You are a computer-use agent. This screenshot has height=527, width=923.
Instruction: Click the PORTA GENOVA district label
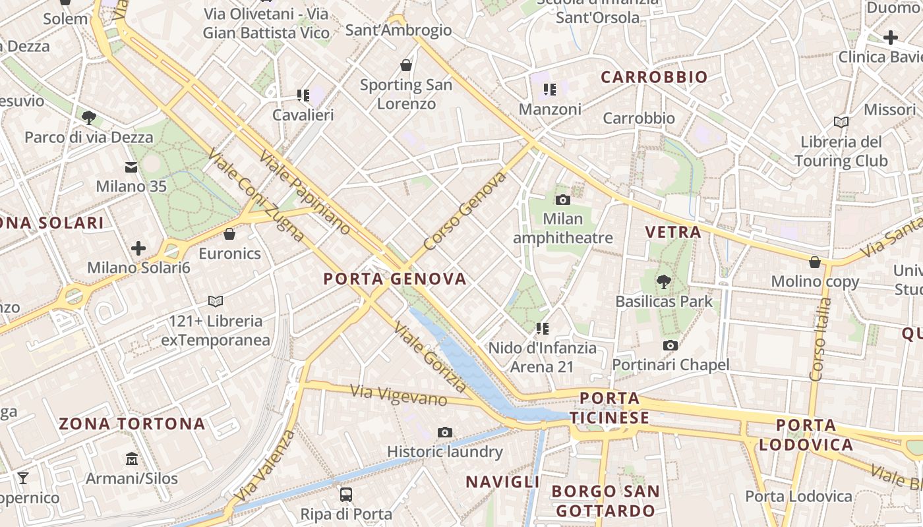[x=395, y=279]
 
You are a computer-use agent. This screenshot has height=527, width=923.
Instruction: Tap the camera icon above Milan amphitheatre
[x=562, y=200]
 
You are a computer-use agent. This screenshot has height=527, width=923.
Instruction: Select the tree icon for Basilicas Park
[x=663, y=282]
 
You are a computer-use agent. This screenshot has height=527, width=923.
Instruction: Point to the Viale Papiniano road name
[x=305, y=192]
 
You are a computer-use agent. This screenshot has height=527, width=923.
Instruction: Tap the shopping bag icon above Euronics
[x=229, y=234]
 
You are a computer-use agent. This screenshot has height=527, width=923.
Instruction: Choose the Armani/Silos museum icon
[x=131, y=458]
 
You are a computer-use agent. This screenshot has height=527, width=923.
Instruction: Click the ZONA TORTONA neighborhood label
[x=132, y=424]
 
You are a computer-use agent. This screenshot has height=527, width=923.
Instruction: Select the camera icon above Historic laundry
[x=445, y=432]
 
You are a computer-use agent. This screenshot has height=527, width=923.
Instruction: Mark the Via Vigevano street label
[x=399, y=396]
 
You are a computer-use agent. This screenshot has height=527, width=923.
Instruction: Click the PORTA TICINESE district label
[x=610, y=408]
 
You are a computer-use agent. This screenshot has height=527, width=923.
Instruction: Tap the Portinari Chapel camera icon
[x=670, y=345]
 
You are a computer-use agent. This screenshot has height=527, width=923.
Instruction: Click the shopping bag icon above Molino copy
[x=815, y=262]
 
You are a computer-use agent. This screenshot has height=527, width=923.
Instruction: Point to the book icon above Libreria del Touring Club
[x=841, y=122]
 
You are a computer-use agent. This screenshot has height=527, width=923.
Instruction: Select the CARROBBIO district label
[x=654, y=77]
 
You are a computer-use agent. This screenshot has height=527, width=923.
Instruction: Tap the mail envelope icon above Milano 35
[x=131, y=167]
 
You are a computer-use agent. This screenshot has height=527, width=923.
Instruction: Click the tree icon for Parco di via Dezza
[x=88, y=118]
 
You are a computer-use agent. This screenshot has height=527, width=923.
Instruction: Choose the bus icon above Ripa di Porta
[x=346, y=494]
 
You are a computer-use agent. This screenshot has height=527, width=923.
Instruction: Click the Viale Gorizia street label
[x=431, y=358]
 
